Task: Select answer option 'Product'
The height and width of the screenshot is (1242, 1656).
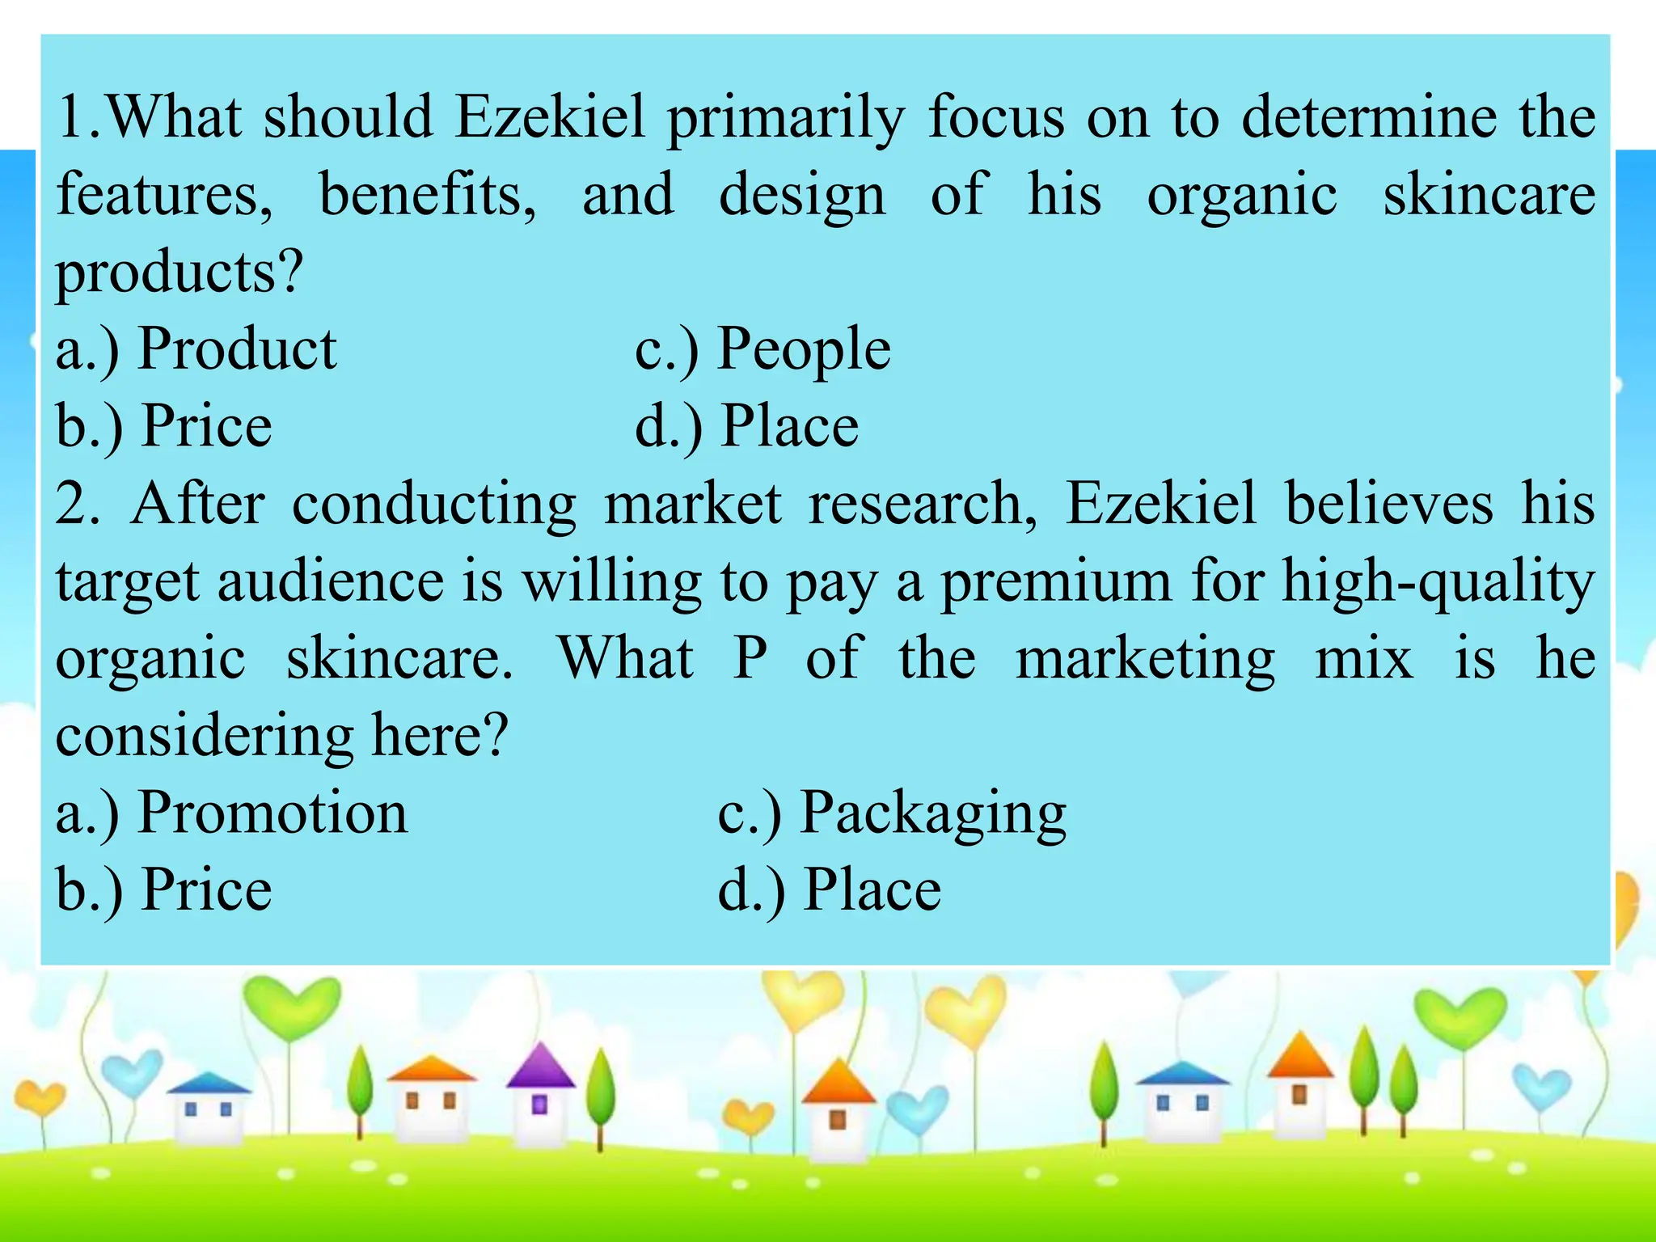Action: coord(236,349)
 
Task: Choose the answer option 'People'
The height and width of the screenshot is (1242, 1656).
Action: coord(804,349)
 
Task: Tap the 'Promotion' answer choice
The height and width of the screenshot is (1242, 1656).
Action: coord(272,813)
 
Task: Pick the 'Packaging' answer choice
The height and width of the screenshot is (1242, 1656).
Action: coord(933,813)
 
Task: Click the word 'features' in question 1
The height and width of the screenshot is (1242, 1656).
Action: coord(164,196)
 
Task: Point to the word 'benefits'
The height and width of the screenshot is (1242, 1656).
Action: coord(428,196)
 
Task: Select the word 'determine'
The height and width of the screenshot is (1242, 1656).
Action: coord(1369,118)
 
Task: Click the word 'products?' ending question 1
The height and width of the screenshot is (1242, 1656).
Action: coord(179,273)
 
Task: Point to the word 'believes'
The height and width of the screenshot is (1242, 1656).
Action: coord(1389,505)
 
